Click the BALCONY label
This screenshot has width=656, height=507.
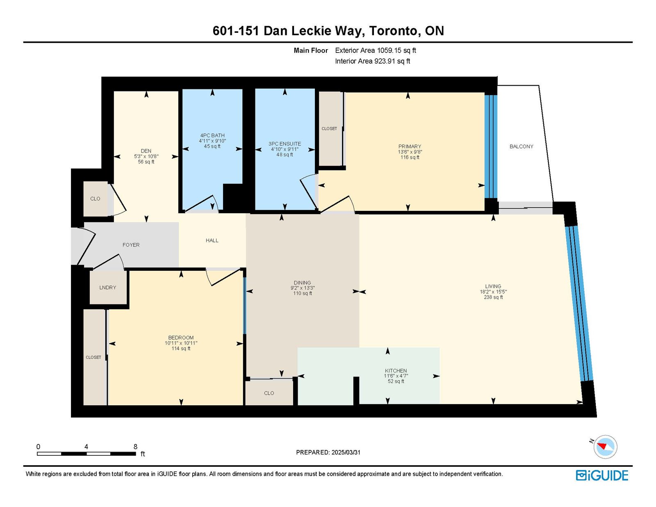pos(521,146)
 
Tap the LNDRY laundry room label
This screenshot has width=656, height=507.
pos(108,288)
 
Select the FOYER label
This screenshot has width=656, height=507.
pos(131,245)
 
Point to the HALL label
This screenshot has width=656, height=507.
pos(212,240)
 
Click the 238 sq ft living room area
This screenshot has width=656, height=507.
pos(493,297)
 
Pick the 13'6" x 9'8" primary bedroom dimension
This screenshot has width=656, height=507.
pos(410,152)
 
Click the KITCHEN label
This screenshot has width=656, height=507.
pos(396,370)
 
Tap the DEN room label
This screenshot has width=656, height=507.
pos(146,151)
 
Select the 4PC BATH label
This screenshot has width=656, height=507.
pos(212,136)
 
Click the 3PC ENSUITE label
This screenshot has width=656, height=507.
pos(285,144)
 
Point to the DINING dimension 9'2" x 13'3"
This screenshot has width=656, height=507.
pos(303,288)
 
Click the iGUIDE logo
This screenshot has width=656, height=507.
pos(602,475)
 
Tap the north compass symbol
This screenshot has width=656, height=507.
pos(605,447)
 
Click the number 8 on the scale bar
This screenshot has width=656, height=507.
pos(136,447)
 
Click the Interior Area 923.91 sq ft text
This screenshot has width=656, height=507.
pos(373,61)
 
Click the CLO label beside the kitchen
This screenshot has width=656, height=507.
pos(269,393)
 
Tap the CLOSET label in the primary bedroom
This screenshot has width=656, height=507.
pos(329,129)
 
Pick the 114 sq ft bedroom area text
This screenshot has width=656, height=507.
pos(181,349)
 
